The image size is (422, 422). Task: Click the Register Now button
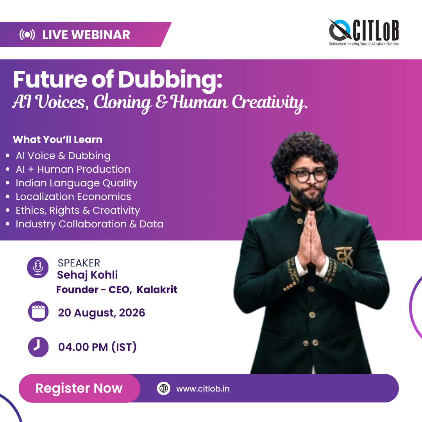click(x=79, y=388)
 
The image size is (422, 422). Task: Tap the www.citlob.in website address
click(x=203, y=389)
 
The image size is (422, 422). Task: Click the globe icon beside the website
click(x=164, y=388)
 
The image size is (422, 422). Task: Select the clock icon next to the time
click(x=38, y=347)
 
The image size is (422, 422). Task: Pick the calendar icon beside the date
click(x=38, y=311)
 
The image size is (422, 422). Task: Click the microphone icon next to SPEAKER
click(x=38, y=267)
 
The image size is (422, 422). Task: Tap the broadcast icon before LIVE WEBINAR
click(x=27, y=35)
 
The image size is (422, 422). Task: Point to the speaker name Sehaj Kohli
click(x=88, y=275)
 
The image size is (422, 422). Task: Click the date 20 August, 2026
click(x=102, y=313)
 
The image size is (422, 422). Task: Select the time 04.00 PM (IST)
click(x=97, y=347)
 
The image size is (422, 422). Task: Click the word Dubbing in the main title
click(x=170, y=80)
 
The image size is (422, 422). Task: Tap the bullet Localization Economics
click(x=73, y=197)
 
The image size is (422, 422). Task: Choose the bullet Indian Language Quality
click(x=77, y=183)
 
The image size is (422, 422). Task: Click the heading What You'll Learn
click(x=57, y=139)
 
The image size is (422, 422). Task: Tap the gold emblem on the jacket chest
click(x=344, y=256)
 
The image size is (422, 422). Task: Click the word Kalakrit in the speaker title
click(x=157, y=290)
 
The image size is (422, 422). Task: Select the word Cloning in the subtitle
click(x=122, y=102)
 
